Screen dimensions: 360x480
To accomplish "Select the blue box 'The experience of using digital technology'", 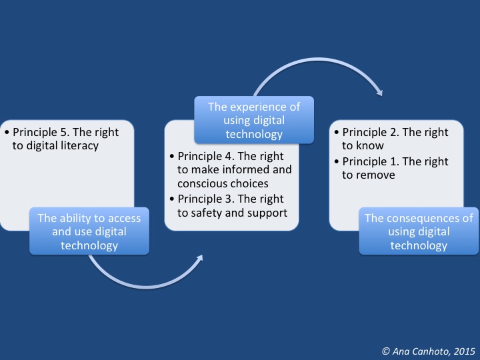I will (x=254, y=120).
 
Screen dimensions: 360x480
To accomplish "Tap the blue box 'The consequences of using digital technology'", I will (x=418, y=231).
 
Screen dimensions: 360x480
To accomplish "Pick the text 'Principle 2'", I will (x=371, y=132).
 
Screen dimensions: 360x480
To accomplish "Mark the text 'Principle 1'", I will (x=371, y=161).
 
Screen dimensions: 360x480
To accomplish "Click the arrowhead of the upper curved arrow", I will (x=379, y=93).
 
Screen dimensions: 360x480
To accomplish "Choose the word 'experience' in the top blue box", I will (x=265, y=107).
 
